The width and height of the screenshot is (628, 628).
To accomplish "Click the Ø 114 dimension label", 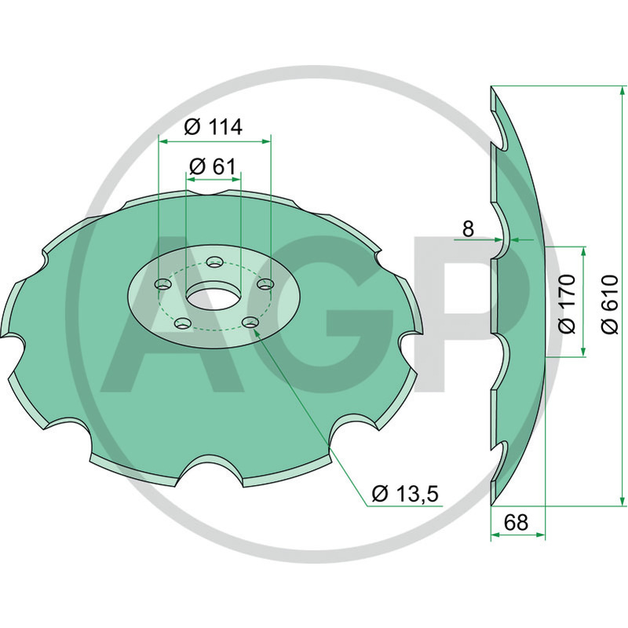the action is (213, 127).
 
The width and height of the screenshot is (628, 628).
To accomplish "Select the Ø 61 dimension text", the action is (213, 166).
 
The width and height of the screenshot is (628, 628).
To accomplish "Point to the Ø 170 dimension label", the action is (567, 304).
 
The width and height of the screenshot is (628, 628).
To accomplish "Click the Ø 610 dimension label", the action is (609, 304).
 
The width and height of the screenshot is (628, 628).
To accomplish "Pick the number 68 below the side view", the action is (516, 522).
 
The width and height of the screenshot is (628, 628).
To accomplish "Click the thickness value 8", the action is (468, 229).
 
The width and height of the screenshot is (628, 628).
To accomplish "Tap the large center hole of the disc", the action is (211, 298).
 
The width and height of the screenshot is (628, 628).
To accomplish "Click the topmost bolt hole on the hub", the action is (214, 263).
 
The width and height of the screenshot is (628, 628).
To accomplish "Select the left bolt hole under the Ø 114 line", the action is (163, 285).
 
